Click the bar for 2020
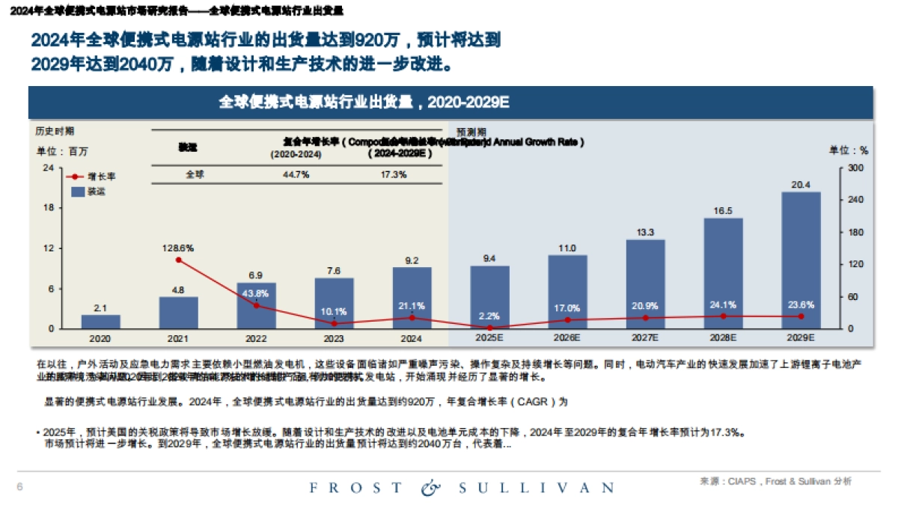click(x=100, y=322)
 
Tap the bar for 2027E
click(x=645, y=284)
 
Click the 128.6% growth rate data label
click(x=178, y=248)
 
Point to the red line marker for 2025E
click(x=489, y=328)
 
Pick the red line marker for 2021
click(x=178, y=260)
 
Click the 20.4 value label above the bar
click(x=801, y=184)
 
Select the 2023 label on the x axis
click(x=334, y=338)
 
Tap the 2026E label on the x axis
click(x=567, y=338)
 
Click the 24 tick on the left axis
click(x=47, y=168)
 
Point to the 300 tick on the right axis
click(x=855, y=168)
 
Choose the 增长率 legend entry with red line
click(x=92, y=177)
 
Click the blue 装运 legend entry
click(x=89, y=192)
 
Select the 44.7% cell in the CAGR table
click(x=296, y=174)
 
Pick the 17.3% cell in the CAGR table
click(x=391, y=174)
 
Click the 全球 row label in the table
click(x=195, y=174)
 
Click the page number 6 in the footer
click(x=20, y=488)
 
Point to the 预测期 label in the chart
click(x=471, y=131)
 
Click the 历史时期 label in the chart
click(x=55, y=131)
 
